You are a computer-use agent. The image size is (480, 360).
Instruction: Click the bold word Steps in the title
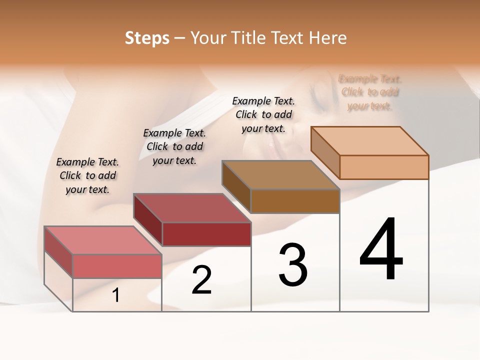tap(146, 38)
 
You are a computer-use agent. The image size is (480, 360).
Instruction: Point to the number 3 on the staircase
tap(293, 265)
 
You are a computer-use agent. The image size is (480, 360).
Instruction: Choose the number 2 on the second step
tap(202, 280)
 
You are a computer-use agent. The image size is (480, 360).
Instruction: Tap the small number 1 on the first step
tap(116, 295)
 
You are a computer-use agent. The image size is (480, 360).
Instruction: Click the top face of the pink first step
tap(102, 240)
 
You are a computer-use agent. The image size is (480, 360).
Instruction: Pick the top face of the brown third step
tap(280, 174)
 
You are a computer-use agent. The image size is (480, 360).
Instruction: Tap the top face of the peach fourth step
tap(369, 140)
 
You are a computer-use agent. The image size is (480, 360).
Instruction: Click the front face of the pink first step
tap(117, 266)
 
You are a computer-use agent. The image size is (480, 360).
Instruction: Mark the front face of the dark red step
tap(206, 234)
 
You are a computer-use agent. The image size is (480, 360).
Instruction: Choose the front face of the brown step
tap(295, 201)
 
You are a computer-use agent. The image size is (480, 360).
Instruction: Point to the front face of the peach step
tap(384, 167)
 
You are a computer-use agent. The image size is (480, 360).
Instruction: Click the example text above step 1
tap(87, 175)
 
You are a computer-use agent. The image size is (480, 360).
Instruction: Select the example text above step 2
tap(174, 146)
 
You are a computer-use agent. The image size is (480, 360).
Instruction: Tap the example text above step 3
tap(263, 114)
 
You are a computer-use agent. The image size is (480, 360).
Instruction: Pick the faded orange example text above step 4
tap(370, 92)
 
